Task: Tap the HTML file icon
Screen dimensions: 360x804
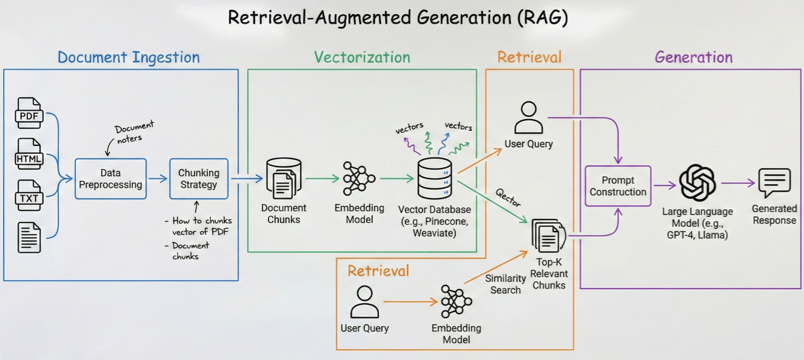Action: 30,155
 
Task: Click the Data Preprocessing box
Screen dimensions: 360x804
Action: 110,179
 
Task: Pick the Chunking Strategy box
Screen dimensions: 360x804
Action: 198,179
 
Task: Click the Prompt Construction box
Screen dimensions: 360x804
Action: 618,186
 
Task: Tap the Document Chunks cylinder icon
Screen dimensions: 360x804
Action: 283,178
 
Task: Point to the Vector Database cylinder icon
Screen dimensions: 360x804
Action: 434,178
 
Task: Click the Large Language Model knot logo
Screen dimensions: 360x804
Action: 697,182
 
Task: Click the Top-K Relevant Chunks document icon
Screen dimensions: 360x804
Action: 548,237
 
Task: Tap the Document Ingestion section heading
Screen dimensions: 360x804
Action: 129,58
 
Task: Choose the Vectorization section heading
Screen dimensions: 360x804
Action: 362,58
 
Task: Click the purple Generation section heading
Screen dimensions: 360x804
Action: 694,58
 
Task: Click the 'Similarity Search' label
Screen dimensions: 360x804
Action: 506,284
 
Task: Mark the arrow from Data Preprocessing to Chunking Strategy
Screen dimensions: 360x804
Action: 158,179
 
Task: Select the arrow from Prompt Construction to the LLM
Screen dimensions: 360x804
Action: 665,186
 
